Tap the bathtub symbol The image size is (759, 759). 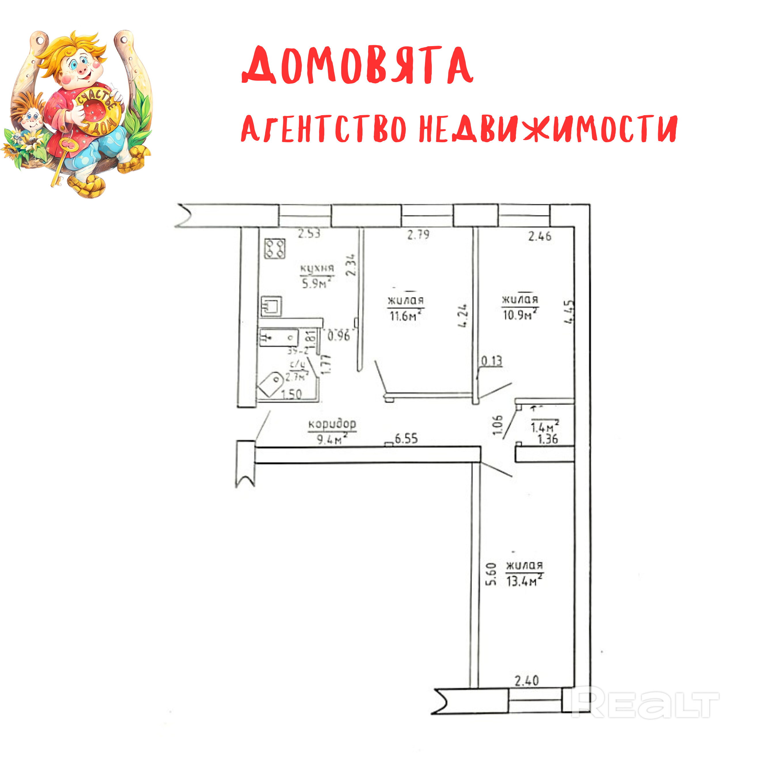point(278,337)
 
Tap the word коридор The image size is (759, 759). point(332,424)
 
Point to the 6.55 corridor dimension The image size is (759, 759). point(406,439)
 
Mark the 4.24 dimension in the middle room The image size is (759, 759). point(464,316)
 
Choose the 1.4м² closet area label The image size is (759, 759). point(544,427)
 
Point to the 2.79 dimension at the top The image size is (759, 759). point(418,235)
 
